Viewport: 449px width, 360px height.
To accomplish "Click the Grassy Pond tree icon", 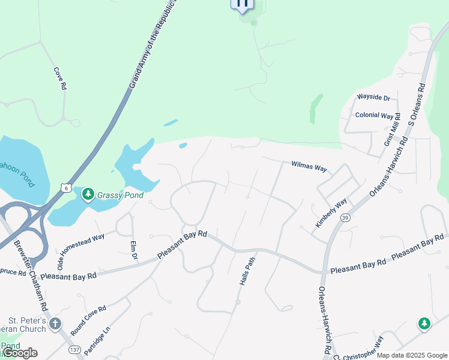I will pyautogui.click(x=88, y=194).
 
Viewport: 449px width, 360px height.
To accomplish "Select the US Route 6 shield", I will pyautogui.click(x=65, y=188).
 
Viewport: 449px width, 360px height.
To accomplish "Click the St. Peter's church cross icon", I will pyautogui.click(x=55, y=325).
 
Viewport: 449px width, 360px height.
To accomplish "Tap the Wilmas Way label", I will pyautogui.click(x=309, y=166).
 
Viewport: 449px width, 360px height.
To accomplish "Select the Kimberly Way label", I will pyautogui.click(x=331, y=212).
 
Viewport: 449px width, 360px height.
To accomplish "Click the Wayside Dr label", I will pyautogui.click(x=373, y=98).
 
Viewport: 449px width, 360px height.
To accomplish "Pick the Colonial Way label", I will pyautogui.click(x=374, y=115).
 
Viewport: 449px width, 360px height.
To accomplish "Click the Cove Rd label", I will pyautogui.click(x=59, y=78).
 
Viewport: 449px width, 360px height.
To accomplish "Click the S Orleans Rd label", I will pyautogui.click(x=416, y=106).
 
